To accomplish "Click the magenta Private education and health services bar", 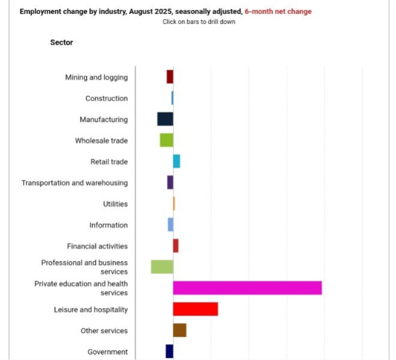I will pyautogui.click(x=247, y=288).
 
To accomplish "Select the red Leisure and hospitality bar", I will pyautogui.click(x=195, y=309).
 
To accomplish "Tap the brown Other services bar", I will pyautogui.click(x=179, y=330).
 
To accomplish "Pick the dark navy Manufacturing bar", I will pyautogui.click(x=165, y=119).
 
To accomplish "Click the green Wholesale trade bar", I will pyautogui.click(x=166, y=140).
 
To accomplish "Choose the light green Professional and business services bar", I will pyautogui.click(x=162, y=267).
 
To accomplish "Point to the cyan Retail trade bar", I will pyautogui.click(x=176, y=161).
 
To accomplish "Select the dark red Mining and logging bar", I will pyautogui.click(x=170, y=77).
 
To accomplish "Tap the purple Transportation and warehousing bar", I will pyautogui.click(x=170, y=182).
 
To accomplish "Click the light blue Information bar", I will pyautogui.click(x=170, y=224).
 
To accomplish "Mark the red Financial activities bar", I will pyautogui.click(x=176, y=245).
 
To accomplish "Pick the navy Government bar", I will pyautogui.click(x=169, y=351).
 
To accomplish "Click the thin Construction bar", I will pyautogui.click(x=172, y=98).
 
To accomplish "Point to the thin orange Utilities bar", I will pyautogui.click(x=174, y=203).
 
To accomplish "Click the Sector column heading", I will pyautogui.click(x=61, y=43).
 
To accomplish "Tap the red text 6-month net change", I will pyautogui.click(x=278, y=11).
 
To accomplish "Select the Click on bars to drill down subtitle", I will pyautogui.click(x=199, y=22).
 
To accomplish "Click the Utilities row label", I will pyautogui.click(x=115, y=204).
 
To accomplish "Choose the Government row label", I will pyautogui.click(x=107, y=352).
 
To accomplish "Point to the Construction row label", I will pyautogui.click(x=106, y=98).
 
